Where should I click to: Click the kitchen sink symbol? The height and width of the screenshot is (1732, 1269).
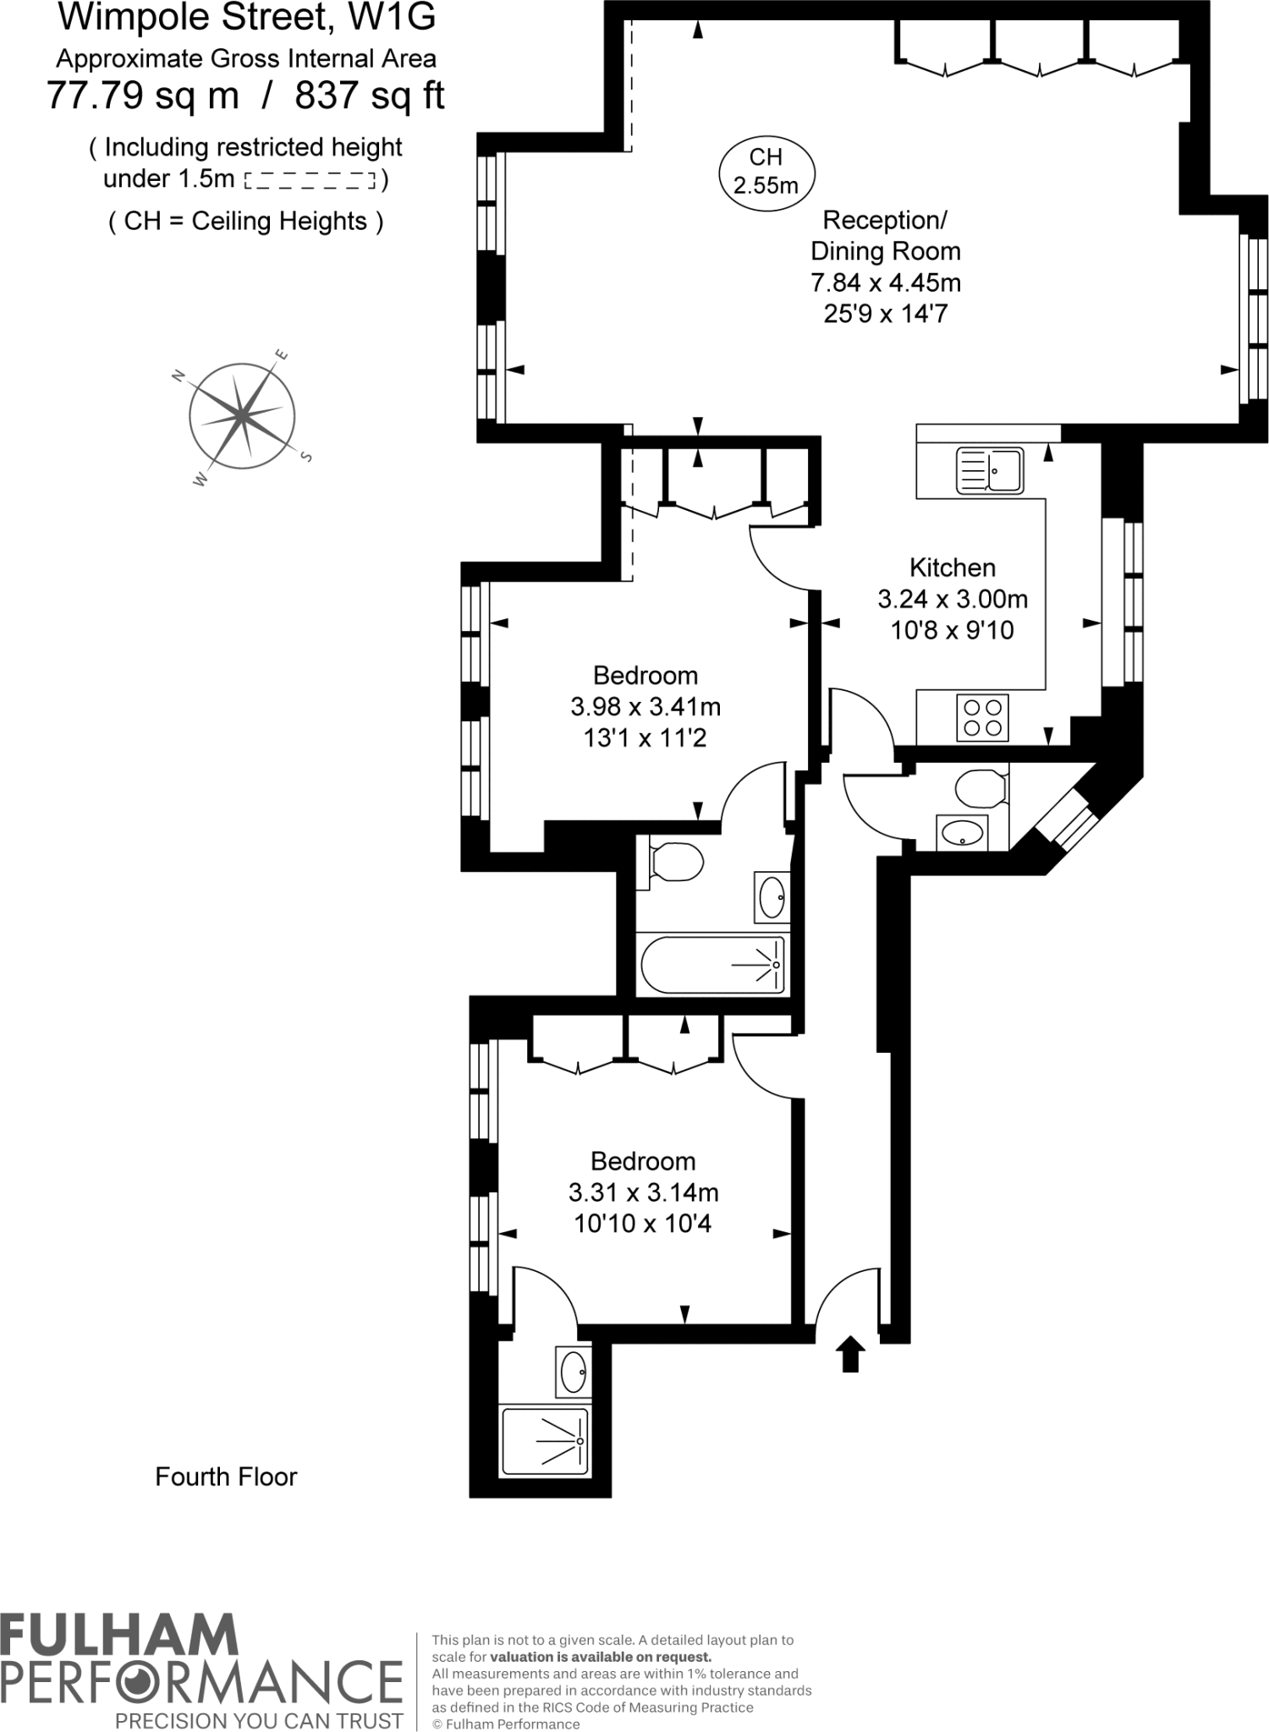[989, 470]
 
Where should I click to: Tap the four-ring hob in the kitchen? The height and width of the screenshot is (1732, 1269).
[982, 717]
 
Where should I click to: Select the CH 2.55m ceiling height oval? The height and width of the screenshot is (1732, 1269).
[766, 172]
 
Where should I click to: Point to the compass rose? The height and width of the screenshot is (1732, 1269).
[243, 416]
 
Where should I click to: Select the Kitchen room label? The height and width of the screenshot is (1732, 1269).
[952, 567]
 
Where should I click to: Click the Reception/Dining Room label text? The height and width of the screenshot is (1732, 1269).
[885, 235]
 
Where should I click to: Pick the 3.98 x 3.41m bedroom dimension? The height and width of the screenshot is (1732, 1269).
[645, 706]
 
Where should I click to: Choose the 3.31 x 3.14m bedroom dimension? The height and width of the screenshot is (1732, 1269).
[643, 1192]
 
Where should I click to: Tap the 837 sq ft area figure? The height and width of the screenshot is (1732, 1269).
[369, 96]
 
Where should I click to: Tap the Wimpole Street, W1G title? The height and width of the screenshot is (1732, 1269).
[246, 17]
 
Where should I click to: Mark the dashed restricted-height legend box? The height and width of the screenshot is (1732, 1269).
[310, 180]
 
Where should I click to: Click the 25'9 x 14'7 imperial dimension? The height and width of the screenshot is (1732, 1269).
[885, 314]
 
